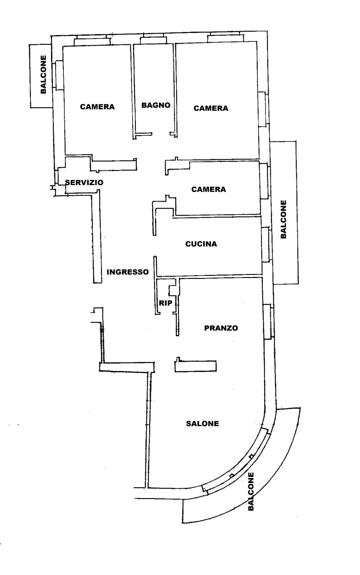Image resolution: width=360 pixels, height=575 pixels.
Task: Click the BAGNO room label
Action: (156, 105)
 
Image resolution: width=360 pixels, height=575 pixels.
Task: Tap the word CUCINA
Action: (201, 244)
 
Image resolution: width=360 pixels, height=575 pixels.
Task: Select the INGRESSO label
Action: (128, 272)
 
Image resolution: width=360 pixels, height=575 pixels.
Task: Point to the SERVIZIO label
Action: (84, 182)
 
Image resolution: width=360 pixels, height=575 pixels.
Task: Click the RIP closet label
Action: (165, 303)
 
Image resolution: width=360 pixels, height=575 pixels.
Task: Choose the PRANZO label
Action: (221, 328)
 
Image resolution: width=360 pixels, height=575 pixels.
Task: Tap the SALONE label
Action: (202, 424)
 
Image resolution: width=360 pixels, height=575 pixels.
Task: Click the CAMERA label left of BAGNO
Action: (97, 107)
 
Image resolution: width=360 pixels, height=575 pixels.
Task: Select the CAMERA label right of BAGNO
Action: (211, 108)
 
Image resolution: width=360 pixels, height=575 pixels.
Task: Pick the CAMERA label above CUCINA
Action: (209, 189)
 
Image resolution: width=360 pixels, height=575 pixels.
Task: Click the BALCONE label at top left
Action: (44, 75)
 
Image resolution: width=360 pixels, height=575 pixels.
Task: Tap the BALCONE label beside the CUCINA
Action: (283, 219)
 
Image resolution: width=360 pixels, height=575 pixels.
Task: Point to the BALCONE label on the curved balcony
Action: (251, 491)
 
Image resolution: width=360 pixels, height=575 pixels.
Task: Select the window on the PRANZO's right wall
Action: (268, 321)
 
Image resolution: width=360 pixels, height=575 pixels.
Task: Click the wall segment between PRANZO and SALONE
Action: (196, 366)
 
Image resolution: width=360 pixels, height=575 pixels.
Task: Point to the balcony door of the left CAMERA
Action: (58, 75)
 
